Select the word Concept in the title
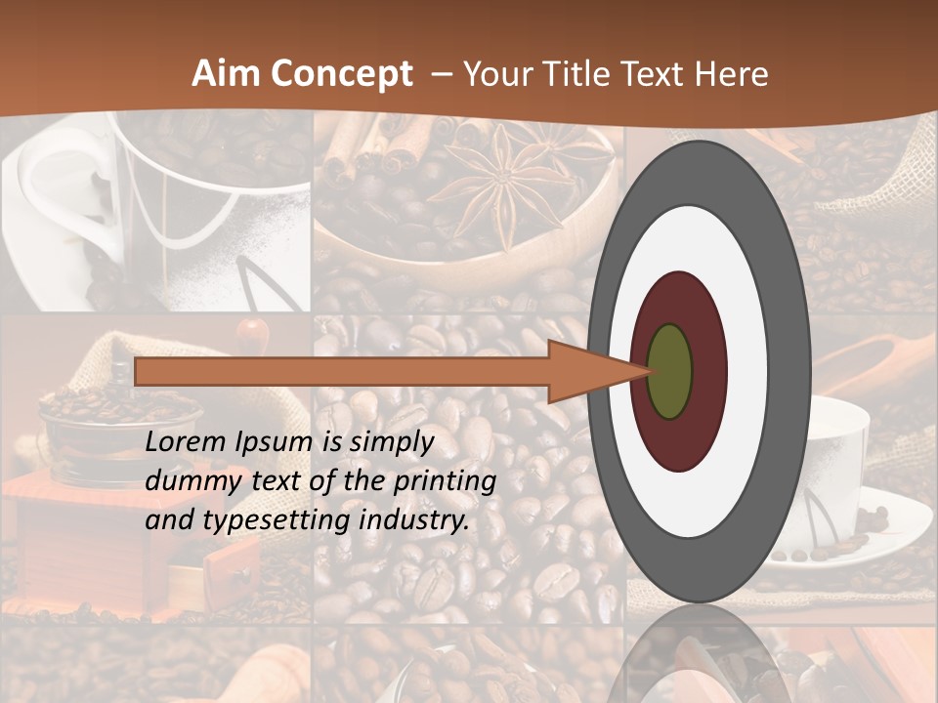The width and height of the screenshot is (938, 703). (340, 75)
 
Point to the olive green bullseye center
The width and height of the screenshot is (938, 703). (669, 372)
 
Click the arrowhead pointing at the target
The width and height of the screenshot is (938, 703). (586, 372)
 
